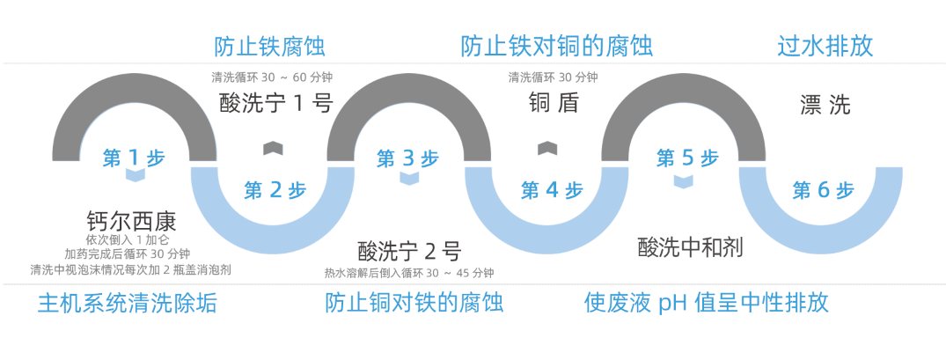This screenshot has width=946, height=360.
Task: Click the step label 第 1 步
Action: point(133,158)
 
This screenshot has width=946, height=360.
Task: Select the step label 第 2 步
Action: point(275,190)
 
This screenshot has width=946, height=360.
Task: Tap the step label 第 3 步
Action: point(407,158)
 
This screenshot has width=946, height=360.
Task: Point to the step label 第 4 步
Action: point(552,190)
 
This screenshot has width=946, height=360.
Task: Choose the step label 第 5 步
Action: point(687,158)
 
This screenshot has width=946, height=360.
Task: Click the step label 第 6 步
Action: point(823,190)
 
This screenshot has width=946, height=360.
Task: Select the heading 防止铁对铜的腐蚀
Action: point(556,46)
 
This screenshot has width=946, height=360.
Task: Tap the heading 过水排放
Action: point(825,46)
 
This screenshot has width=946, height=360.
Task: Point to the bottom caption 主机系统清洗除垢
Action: point(127,304)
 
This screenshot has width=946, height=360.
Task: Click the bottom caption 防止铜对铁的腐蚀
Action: point(414,304)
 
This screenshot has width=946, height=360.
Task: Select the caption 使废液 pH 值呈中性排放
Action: point(706,304)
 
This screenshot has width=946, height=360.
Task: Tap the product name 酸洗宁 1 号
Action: point(276,104)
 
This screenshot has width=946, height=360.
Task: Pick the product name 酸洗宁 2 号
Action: point(409,251)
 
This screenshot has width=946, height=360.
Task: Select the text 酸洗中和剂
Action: point(690,247)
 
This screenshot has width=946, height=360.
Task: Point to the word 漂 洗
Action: point(825,106)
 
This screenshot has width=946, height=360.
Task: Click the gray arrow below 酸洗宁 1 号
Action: point(273,147)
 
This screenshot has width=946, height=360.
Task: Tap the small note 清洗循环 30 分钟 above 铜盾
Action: point(553,77)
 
